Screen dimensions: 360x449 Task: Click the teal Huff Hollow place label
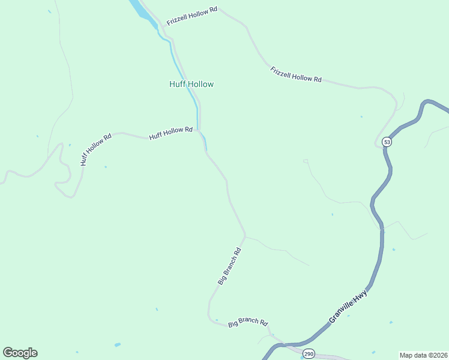(x=191, y=85)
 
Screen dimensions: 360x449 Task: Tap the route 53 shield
(x=387, y=142)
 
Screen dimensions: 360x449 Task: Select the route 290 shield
(x=309, y=353)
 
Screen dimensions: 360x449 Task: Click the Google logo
(x=20, y=353)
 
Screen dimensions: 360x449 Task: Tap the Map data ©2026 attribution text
(x=423, y=355)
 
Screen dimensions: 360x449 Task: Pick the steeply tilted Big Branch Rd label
(x=229, y=266)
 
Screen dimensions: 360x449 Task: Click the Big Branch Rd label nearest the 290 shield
(x=248, y=322)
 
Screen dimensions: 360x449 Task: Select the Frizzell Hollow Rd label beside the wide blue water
(x=191, y=17)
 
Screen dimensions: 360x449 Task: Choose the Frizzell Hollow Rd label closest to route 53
(x=296, y=74)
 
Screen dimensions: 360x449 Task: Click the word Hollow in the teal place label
(x=201, y=85)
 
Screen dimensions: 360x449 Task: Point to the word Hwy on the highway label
(x=360, y=297)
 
